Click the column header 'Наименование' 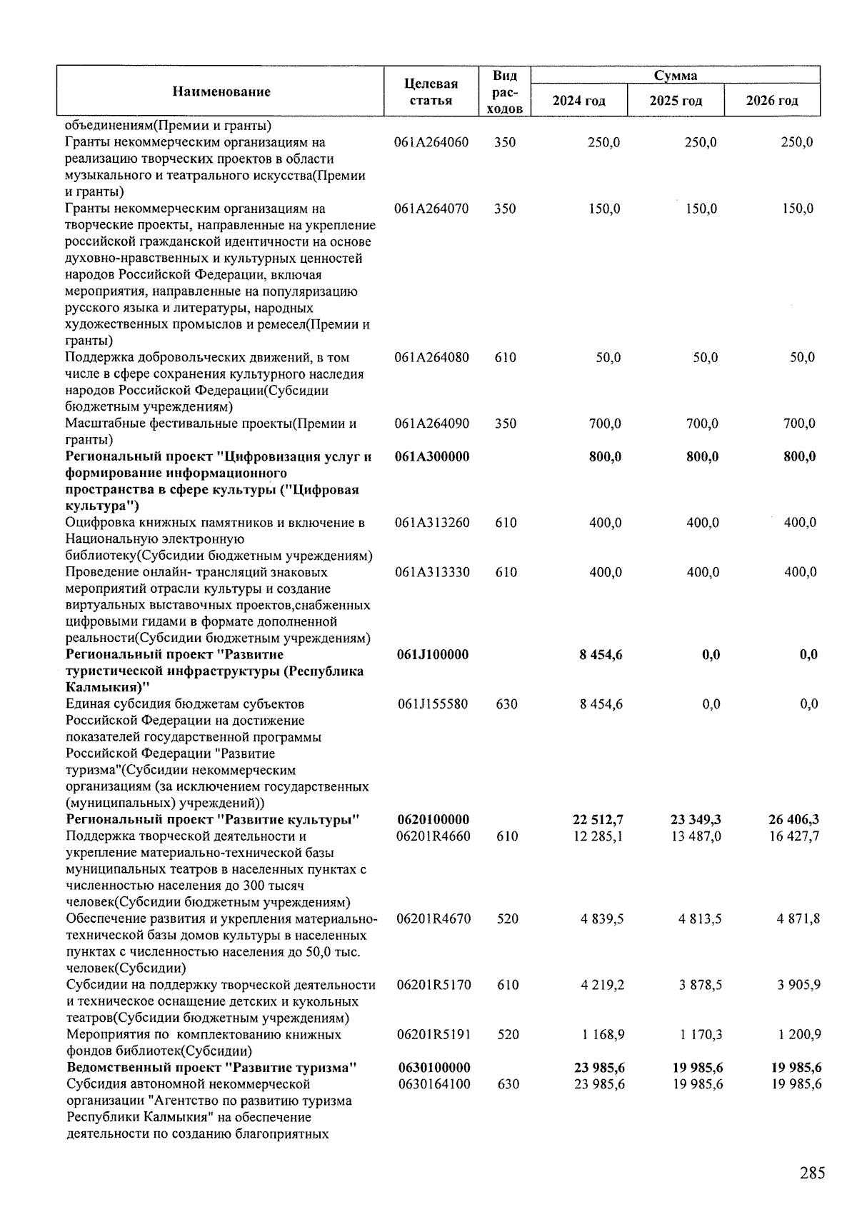click(221, 91)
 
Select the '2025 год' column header click(676, 101)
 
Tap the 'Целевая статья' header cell click(431, 92)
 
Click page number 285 click(812, 1173)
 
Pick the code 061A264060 click(431, 142)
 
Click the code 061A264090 click(432, 424)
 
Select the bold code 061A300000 click(432, 456)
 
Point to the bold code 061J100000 click(431, 655)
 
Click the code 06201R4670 click(433, 918)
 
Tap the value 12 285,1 click(598, 836)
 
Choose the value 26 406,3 click(793, 820)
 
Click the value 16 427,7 click(794, 836)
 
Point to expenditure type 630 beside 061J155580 click(506, 704)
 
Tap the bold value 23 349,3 click(696, 820)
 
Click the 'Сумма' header click(675, 75)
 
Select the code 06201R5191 click(433, 1034)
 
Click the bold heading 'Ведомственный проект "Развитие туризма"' click(211, 1068)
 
